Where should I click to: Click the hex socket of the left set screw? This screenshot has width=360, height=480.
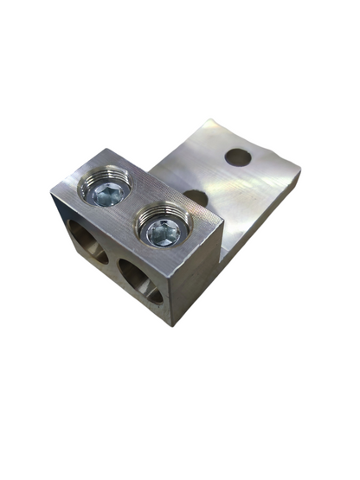tap(107, 195)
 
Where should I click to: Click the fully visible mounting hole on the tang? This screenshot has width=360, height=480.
tap(237, 157)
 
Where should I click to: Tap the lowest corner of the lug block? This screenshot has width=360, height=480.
tap(172, 325)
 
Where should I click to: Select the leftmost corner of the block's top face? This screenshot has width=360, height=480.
tap(52, 192)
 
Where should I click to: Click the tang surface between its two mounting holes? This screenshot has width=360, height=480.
tap(217, 177)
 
